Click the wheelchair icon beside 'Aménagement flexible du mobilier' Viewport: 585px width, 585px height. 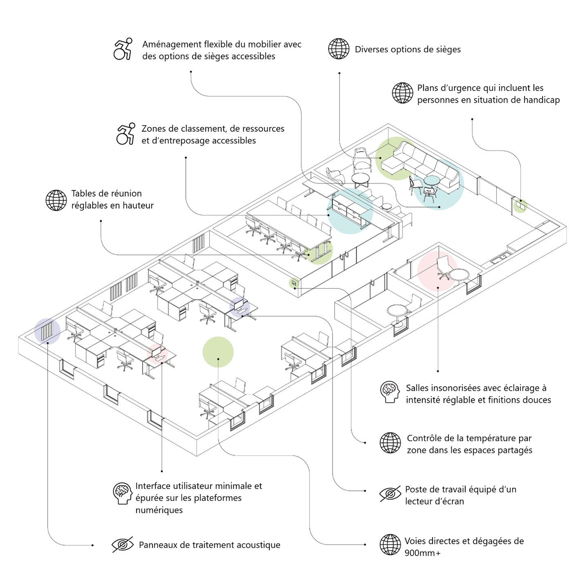click(123, 49)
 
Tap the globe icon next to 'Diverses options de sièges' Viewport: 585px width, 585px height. click(339, 49)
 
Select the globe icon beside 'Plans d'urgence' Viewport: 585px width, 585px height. click(403, 93)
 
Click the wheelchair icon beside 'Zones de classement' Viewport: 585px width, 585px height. click(126, 134)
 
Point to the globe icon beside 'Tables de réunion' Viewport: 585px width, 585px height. click(56, 200)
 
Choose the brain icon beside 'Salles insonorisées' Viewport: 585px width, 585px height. click(390, 392)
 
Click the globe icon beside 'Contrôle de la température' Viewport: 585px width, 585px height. click(390, 443)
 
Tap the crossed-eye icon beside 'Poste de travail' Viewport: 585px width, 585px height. click(390, 494)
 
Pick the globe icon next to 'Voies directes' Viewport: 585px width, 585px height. click(390, 544)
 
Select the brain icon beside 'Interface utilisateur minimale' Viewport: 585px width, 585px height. click(122, 493)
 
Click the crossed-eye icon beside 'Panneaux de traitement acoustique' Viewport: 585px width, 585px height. click(122, 544)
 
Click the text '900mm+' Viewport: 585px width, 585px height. click(423, 553)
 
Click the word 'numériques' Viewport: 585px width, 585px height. click(159, 510)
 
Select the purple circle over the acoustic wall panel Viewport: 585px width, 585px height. click(47, 331)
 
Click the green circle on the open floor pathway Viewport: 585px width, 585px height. click(218, 352)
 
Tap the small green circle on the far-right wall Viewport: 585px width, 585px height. click(520, 206)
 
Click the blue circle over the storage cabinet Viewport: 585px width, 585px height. click(350, 211)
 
